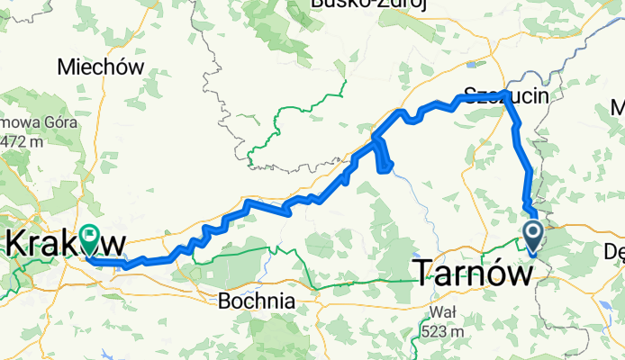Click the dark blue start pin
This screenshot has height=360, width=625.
(x=531, y=236)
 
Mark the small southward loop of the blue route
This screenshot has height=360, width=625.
(x=384, y=157)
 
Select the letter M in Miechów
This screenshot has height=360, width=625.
(x=64, y=67)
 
